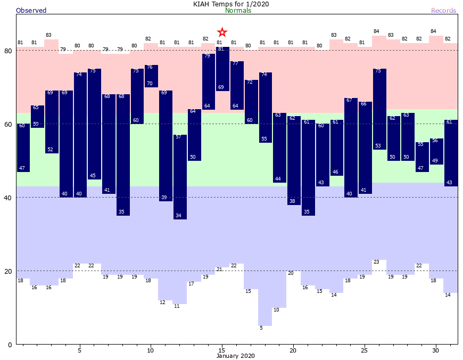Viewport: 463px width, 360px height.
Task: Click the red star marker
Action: [x=222, y=32]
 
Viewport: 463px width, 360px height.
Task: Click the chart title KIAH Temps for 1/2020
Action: [x=231, y=4]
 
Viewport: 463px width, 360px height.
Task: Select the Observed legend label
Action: [x=31, y=11]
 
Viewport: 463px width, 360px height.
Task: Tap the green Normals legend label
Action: [x=238, y=11]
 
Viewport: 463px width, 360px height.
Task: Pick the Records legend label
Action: [x=443, y=11]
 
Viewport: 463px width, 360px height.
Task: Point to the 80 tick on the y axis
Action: [x=8, y=51]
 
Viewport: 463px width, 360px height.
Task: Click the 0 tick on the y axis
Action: [x=10, y=345]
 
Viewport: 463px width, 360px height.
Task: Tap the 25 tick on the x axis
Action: [x=365, y=350]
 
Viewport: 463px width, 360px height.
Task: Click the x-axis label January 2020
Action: [x=236, y=356]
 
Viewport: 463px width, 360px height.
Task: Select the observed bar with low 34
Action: [x=180, y=177]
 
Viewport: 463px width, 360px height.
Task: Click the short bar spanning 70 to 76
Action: [x=151, y=76]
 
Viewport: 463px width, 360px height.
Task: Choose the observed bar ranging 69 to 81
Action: [x=222, y=69]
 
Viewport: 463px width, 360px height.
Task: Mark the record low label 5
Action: [x=261, y=328]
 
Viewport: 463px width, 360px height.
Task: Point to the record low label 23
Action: [x=376, y=262]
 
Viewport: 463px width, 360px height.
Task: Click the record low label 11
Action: [x=176, y=306]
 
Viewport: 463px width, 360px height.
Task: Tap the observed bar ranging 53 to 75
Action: [x=379, y=109]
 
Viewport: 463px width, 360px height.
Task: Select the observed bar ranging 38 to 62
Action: [x=294, y=160]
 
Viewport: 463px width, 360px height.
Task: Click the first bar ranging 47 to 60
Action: [x=23, y=148]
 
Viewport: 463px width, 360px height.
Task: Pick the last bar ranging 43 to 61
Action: [x=451, y=153]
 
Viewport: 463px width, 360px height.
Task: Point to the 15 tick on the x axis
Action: [x=222, y=350]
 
